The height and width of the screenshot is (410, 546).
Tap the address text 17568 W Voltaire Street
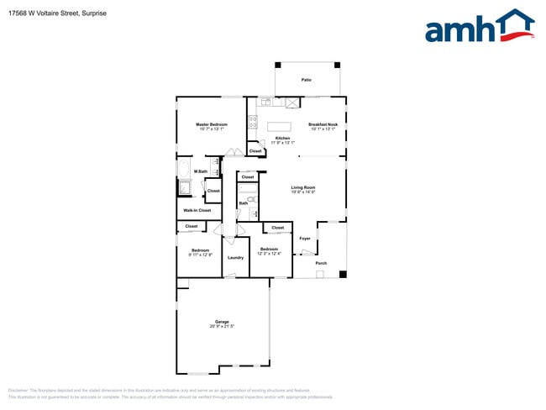[47, 13]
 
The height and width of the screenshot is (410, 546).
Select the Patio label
[307, 81]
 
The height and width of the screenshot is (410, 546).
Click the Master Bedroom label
[212, 124]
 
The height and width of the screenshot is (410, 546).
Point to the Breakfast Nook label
[323, 124]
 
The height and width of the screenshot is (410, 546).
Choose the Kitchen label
[282, 138]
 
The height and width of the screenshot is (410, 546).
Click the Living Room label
[302, 187]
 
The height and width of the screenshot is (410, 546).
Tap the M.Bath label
[201, 171]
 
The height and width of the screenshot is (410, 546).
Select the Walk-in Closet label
[197, 210]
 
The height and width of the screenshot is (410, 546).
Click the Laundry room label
[235, 257]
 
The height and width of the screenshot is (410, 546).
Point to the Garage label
[222, 322]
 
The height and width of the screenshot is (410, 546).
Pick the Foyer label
[305, 239]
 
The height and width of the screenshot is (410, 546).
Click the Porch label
[321, 264]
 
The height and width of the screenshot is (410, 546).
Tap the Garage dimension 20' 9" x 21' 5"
[222, 327]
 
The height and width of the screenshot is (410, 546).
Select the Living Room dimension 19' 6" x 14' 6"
[302, 192]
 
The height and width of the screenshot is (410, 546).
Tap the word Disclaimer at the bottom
[18, 391]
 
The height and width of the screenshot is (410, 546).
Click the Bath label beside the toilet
[243, 203]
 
